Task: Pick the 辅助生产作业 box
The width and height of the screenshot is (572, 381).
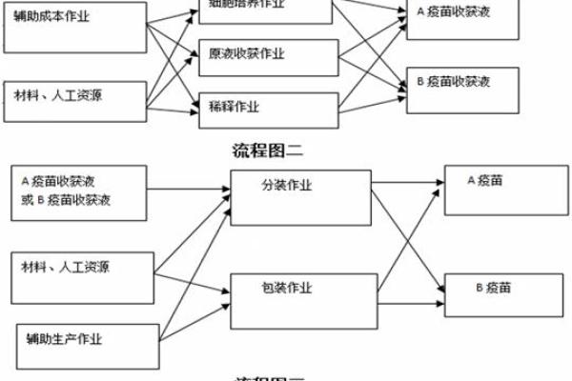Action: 86,347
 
